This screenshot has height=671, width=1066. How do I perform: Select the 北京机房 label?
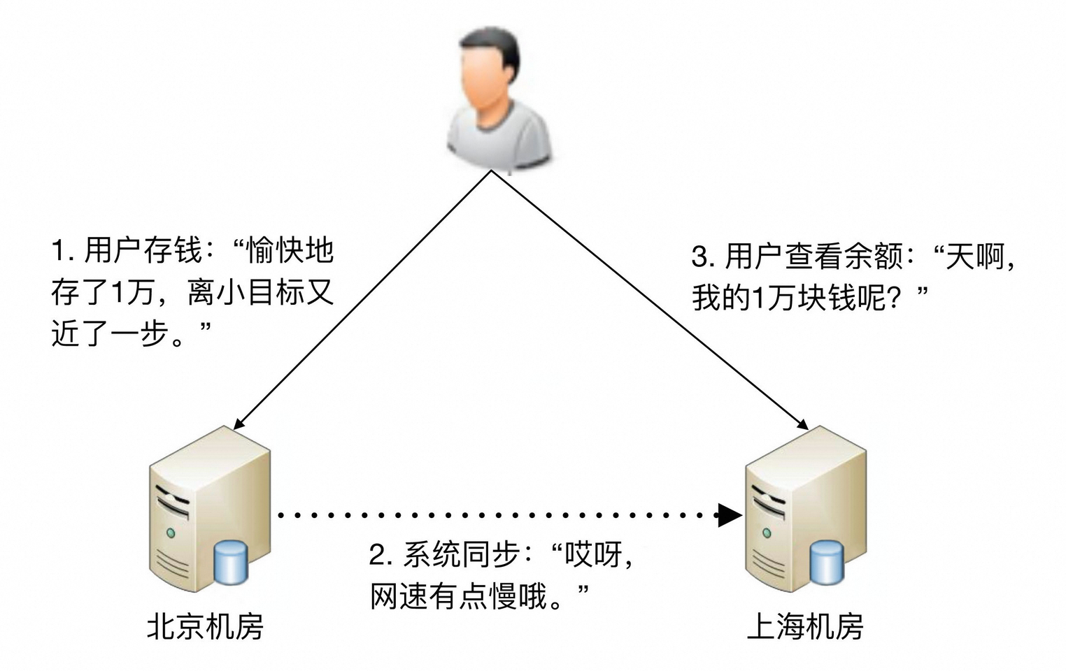[205, 626]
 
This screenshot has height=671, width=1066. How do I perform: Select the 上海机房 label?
[805, 626]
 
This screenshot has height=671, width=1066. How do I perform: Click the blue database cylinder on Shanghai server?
[826, 563]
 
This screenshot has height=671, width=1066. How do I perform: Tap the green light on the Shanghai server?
[767, 533]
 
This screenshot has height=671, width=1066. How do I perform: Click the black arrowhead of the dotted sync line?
[730, 516]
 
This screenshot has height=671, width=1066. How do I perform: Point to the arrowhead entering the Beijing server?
[239, 424]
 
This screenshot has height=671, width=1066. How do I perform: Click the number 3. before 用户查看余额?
[703, 257]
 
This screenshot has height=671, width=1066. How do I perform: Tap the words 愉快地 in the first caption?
[290, 250]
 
